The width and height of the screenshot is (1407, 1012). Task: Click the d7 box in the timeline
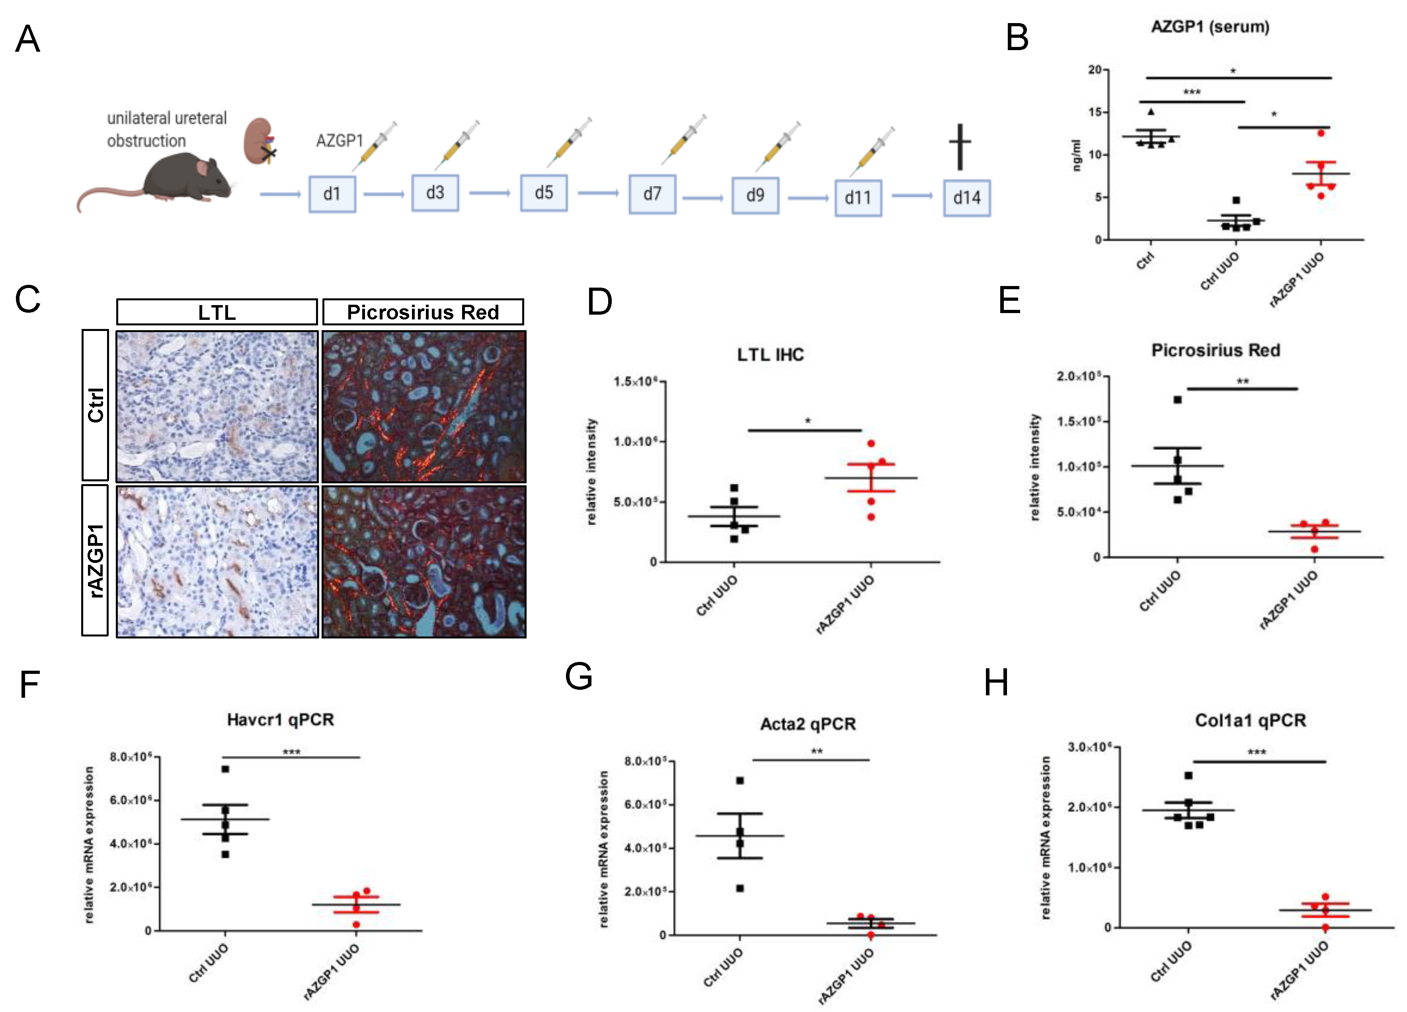tap(652, 194)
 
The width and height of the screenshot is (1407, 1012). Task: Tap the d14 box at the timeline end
tap(966, 198)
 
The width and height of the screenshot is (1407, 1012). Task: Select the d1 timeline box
tap(332, 194)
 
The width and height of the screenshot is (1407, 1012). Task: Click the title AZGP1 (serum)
tap(1210, 27)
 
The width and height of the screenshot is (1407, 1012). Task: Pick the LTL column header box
tap(217, 312)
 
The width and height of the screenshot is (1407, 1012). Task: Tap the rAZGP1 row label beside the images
tap(95, 560)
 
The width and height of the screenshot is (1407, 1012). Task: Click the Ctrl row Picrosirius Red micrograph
tap(424, 407)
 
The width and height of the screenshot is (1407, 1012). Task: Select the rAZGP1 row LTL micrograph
tap(217, 561)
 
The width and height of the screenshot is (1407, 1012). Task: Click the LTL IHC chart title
tap(770, 355)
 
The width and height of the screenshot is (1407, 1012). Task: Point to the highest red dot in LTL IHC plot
tap(871, 444)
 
